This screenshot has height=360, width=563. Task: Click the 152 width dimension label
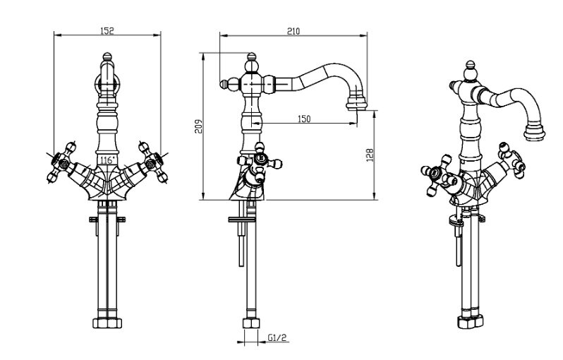pyautogui.click(x=107, y=30)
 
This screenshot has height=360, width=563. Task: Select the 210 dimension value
pyautogui.click(x=294, y=30)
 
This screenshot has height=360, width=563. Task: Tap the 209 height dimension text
pyautogui.click(x=199, y=126)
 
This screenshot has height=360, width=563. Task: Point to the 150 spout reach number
pyautogui.click(x=303, y=119)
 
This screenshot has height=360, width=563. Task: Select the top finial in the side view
pyautogui.click(x=252, y=56)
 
